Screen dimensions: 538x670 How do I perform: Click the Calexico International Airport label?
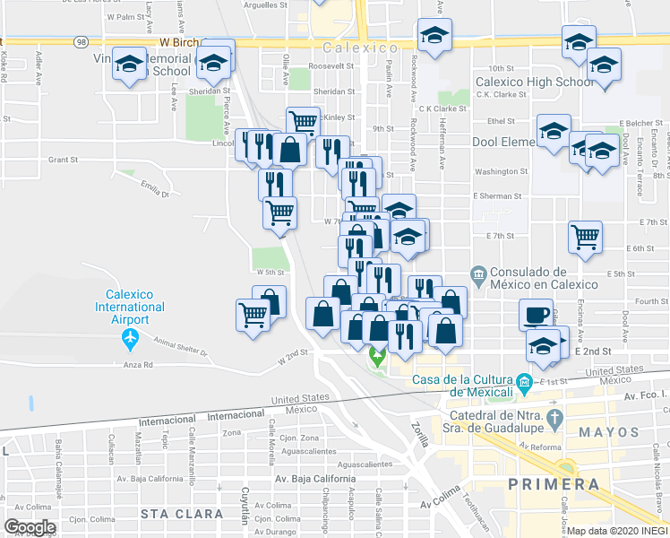[x=136, y=307]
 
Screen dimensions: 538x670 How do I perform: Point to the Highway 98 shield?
[x=82, y=41]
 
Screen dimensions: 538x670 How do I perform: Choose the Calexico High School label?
[x=536, y=82]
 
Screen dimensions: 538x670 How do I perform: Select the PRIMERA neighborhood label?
[x=554, y=484]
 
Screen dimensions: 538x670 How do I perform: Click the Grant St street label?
[x=64, y=160]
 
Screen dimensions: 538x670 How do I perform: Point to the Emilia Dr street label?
[x=154, y=187]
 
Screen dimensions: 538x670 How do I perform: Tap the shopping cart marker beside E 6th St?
[x=585, y=237]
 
